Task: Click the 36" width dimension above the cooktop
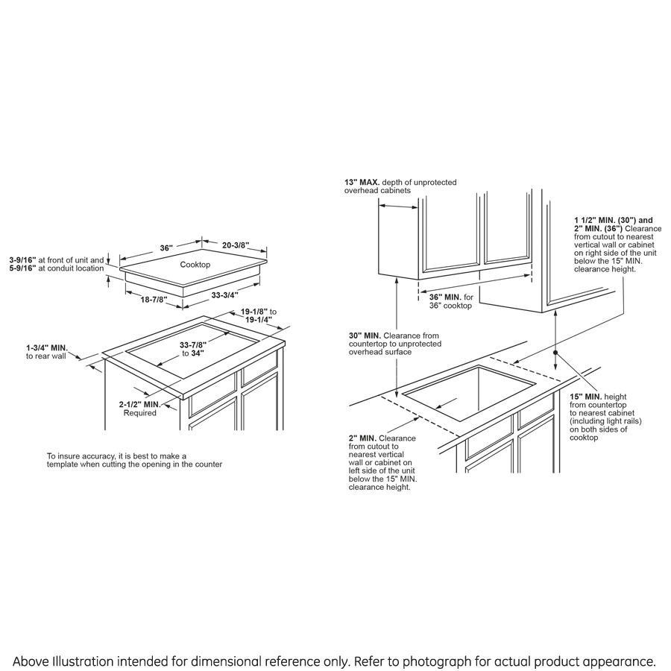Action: pos(166,247)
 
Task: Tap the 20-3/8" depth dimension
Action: pos(235,245)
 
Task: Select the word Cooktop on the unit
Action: pos(195,265)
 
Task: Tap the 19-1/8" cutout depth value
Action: pos(254,312)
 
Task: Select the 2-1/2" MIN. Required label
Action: pos(139,404)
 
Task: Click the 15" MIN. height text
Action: pos(585,396)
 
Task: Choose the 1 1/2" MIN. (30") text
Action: pos(602,220)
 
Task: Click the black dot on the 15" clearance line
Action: pos(555,351)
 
